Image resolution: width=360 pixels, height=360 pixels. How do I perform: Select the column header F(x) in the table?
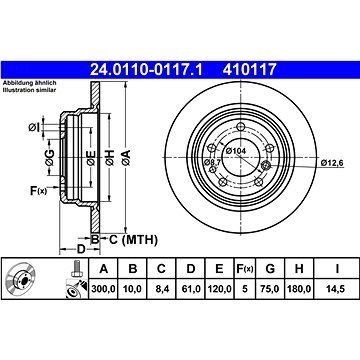pos(243,269)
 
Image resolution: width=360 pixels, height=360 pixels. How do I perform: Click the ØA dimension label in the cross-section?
pos(125,154)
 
